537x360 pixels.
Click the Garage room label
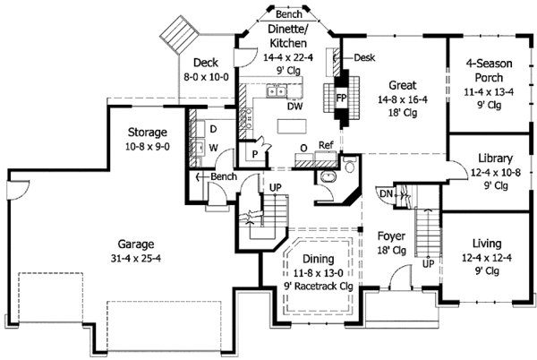[136, 244]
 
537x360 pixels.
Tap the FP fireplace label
[341, 99]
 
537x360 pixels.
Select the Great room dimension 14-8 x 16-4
[403, 99]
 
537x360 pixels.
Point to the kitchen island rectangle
[292, 125]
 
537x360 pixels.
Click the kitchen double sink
[277, 91]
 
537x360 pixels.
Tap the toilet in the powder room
[350, 165]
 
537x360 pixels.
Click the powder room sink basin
[328, 176]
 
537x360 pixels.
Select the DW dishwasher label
[294, 107]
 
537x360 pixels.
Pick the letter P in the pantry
[255, 155]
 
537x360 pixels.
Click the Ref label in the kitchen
[326, 145]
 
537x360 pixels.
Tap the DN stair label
[386, 193]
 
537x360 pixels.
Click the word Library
[496, 159]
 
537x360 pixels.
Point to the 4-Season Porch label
[489, 71]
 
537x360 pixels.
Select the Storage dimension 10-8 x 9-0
[148, 147]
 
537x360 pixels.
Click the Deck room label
[206, 63]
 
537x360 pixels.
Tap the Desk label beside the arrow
[364, 57]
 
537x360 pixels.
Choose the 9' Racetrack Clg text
[318, 286]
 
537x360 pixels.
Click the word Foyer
[391, 236]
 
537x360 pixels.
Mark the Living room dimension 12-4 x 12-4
[487, 258]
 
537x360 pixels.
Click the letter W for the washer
[213, 148]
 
